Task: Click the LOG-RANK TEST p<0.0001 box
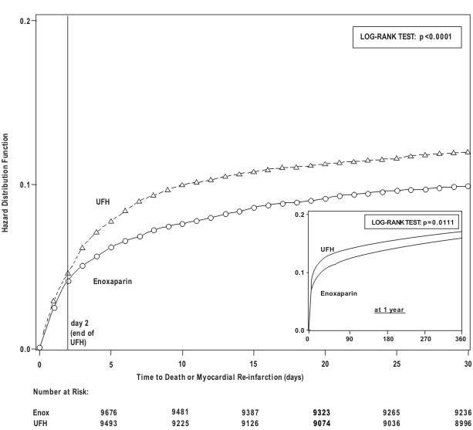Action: [x=407, y=36]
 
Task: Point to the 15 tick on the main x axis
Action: [x=254, y=363]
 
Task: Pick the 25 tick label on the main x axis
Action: [x=397, y=363]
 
